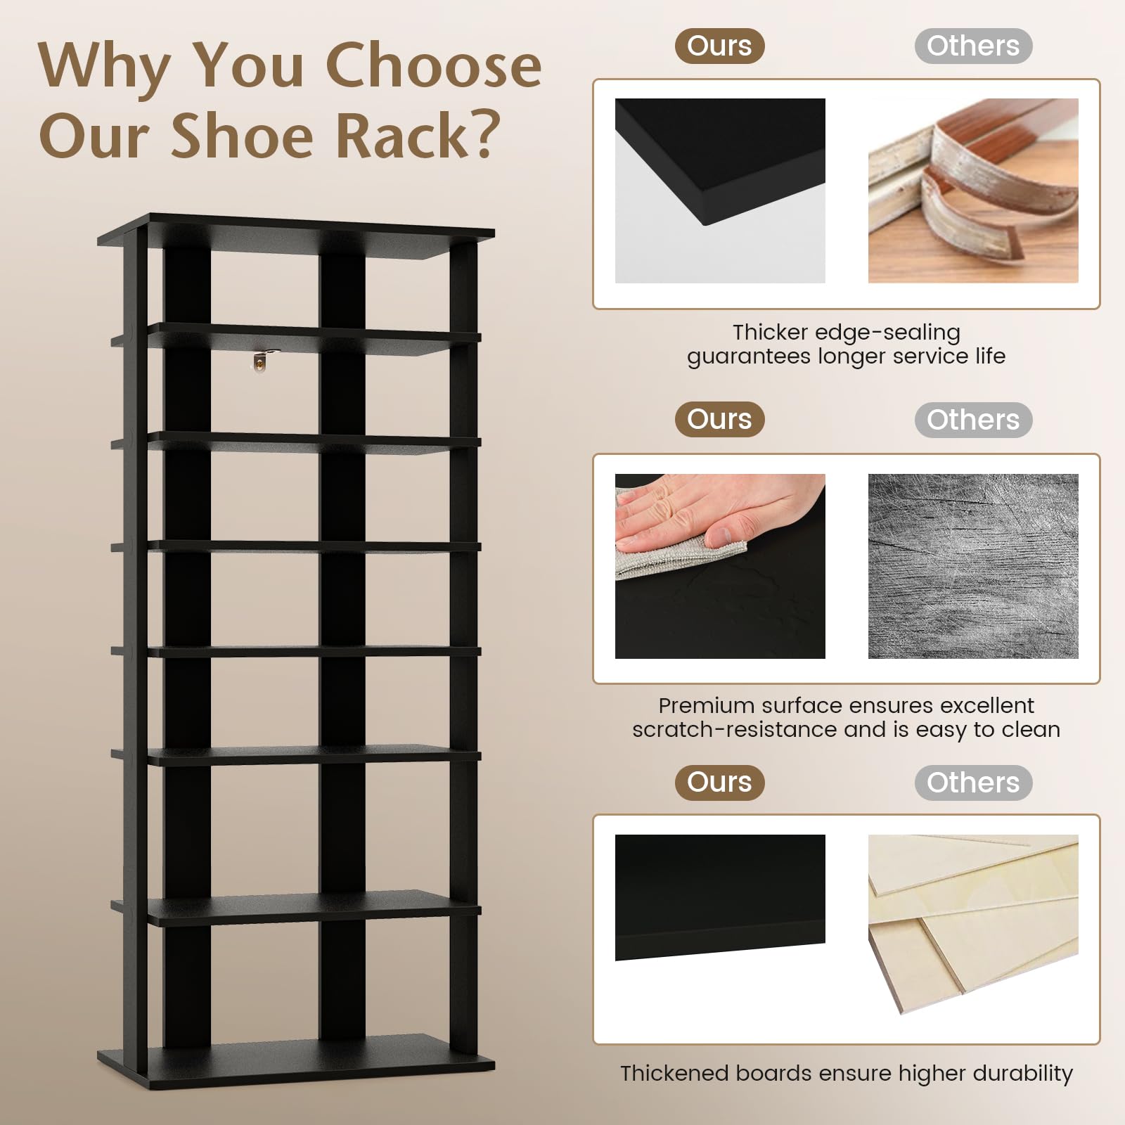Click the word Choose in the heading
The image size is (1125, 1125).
(x=434, y=65)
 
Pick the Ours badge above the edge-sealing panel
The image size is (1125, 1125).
(x=719, y=46)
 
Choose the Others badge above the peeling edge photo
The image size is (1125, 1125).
(x=973, y=46)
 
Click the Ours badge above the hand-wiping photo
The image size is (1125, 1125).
(x=719, y=420)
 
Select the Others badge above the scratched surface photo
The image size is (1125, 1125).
(x=973, y=420)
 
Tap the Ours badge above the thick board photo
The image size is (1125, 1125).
(x=719, y=783)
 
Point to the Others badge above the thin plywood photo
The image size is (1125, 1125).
(x=973, y=783)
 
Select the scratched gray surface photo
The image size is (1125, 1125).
(x=973, y=566)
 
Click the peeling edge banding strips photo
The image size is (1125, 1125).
(x=973, y=191)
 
